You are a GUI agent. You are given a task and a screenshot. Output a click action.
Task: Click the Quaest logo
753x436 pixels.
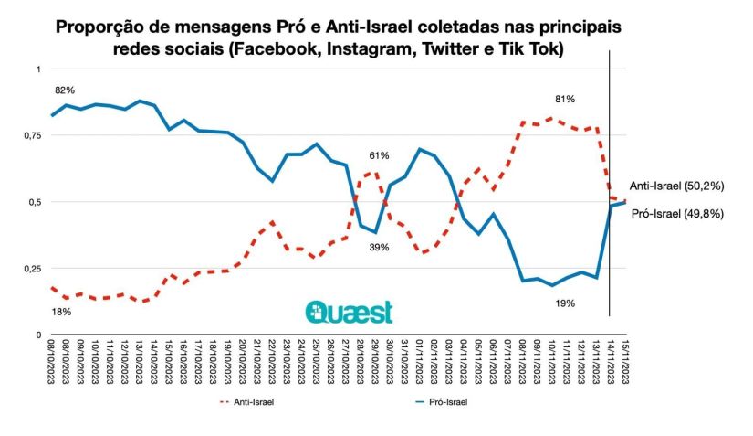(349, 312)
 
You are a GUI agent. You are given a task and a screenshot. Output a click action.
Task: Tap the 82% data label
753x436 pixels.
(64, 90)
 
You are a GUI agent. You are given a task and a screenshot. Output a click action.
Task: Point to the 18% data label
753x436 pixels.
(61, 312)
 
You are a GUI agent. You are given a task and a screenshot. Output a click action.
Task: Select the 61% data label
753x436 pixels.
(379, 156)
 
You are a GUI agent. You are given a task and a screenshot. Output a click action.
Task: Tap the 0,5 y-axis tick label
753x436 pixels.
(33, 202)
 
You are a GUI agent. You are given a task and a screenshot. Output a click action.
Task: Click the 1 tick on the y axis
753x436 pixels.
(38, 69)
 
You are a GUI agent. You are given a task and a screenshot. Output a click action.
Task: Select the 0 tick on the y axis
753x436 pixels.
(38, 335)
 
